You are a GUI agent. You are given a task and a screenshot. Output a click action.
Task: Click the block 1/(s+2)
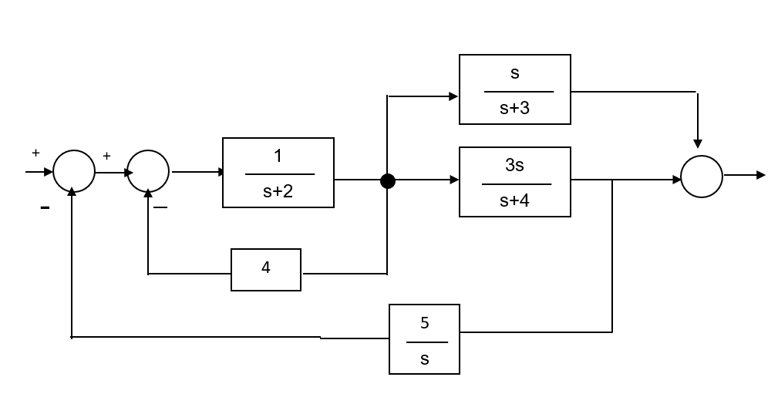(x=278, y=173)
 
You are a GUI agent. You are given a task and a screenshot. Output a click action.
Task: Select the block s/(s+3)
(x=514, y=89)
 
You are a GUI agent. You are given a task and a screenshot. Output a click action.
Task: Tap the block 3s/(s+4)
(x=514, y=182)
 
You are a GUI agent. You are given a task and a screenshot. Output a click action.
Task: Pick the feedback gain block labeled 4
(x=265, y=270)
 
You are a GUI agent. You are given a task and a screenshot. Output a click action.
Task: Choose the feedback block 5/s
(x=424, y=339)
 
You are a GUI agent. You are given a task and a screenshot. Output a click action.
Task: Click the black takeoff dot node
(x=388, y=181)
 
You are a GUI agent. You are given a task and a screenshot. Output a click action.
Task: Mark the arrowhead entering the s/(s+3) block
(x=453, y=96)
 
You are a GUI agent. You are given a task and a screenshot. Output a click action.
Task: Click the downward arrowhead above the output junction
(x=698, y=143)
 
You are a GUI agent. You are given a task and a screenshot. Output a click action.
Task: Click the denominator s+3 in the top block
(x=514, y=109)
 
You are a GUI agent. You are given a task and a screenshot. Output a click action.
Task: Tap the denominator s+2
(x=278, y=191)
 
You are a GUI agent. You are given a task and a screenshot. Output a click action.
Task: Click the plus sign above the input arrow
(x=35, y=153)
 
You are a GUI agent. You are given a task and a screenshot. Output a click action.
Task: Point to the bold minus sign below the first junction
(x=45, y=208)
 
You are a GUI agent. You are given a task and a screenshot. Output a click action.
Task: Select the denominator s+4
(x=515, y=200)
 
